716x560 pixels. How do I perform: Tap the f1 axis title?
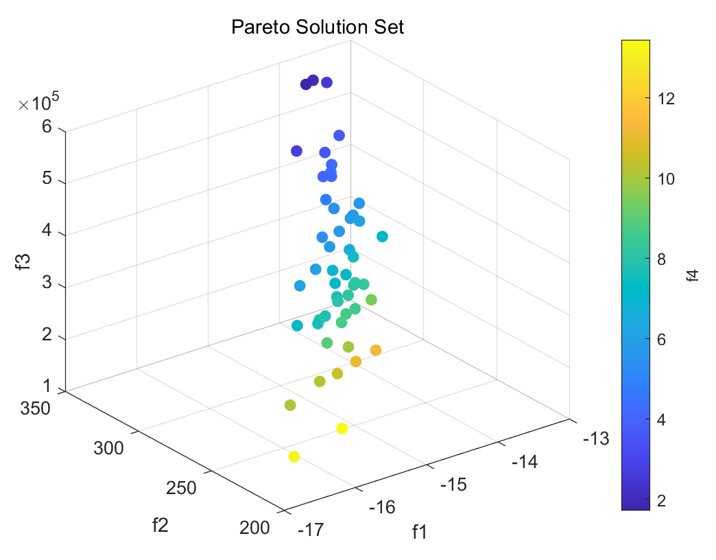tap(419, 531)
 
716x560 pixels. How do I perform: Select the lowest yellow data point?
tap(294, 457)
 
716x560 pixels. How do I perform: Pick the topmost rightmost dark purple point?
tap(326, 82)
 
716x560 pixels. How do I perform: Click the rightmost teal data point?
tap(382, 237)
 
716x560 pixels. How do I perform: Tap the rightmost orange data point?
tap(376, 351)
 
